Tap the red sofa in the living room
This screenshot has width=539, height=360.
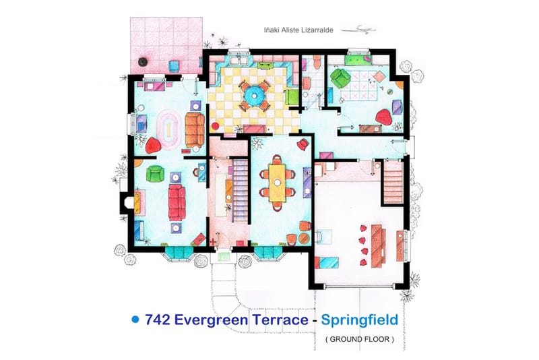click(177, 202)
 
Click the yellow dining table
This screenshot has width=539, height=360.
click(277, 180)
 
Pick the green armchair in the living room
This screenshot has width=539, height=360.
click(154, 174)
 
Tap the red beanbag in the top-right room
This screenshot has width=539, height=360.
click(384, 117)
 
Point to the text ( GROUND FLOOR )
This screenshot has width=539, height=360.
click(359, 339)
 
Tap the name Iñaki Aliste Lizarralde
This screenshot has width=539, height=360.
click(300, 30)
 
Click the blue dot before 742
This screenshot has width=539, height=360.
click(135, 319)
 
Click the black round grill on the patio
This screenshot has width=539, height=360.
click(142, 63)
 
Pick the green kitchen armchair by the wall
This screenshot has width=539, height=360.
click(292, 96)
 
